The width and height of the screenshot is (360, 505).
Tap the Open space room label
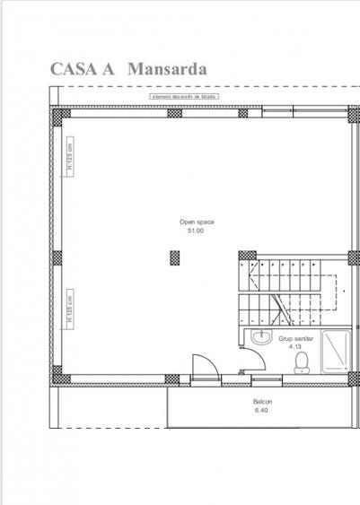pos(196,221)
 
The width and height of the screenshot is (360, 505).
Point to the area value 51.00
pos(196,231)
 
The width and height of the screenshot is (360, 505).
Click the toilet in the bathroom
pos(303,361)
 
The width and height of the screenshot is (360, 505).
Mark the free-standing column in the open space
pos(175,257)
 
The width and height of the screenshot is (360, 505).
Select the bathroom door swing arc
pos(253,361)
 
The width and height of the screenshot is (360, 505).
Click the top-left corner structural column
pos(61,113)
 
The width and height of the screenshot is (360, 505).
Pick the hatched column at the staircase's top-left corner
pos(244,257)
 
